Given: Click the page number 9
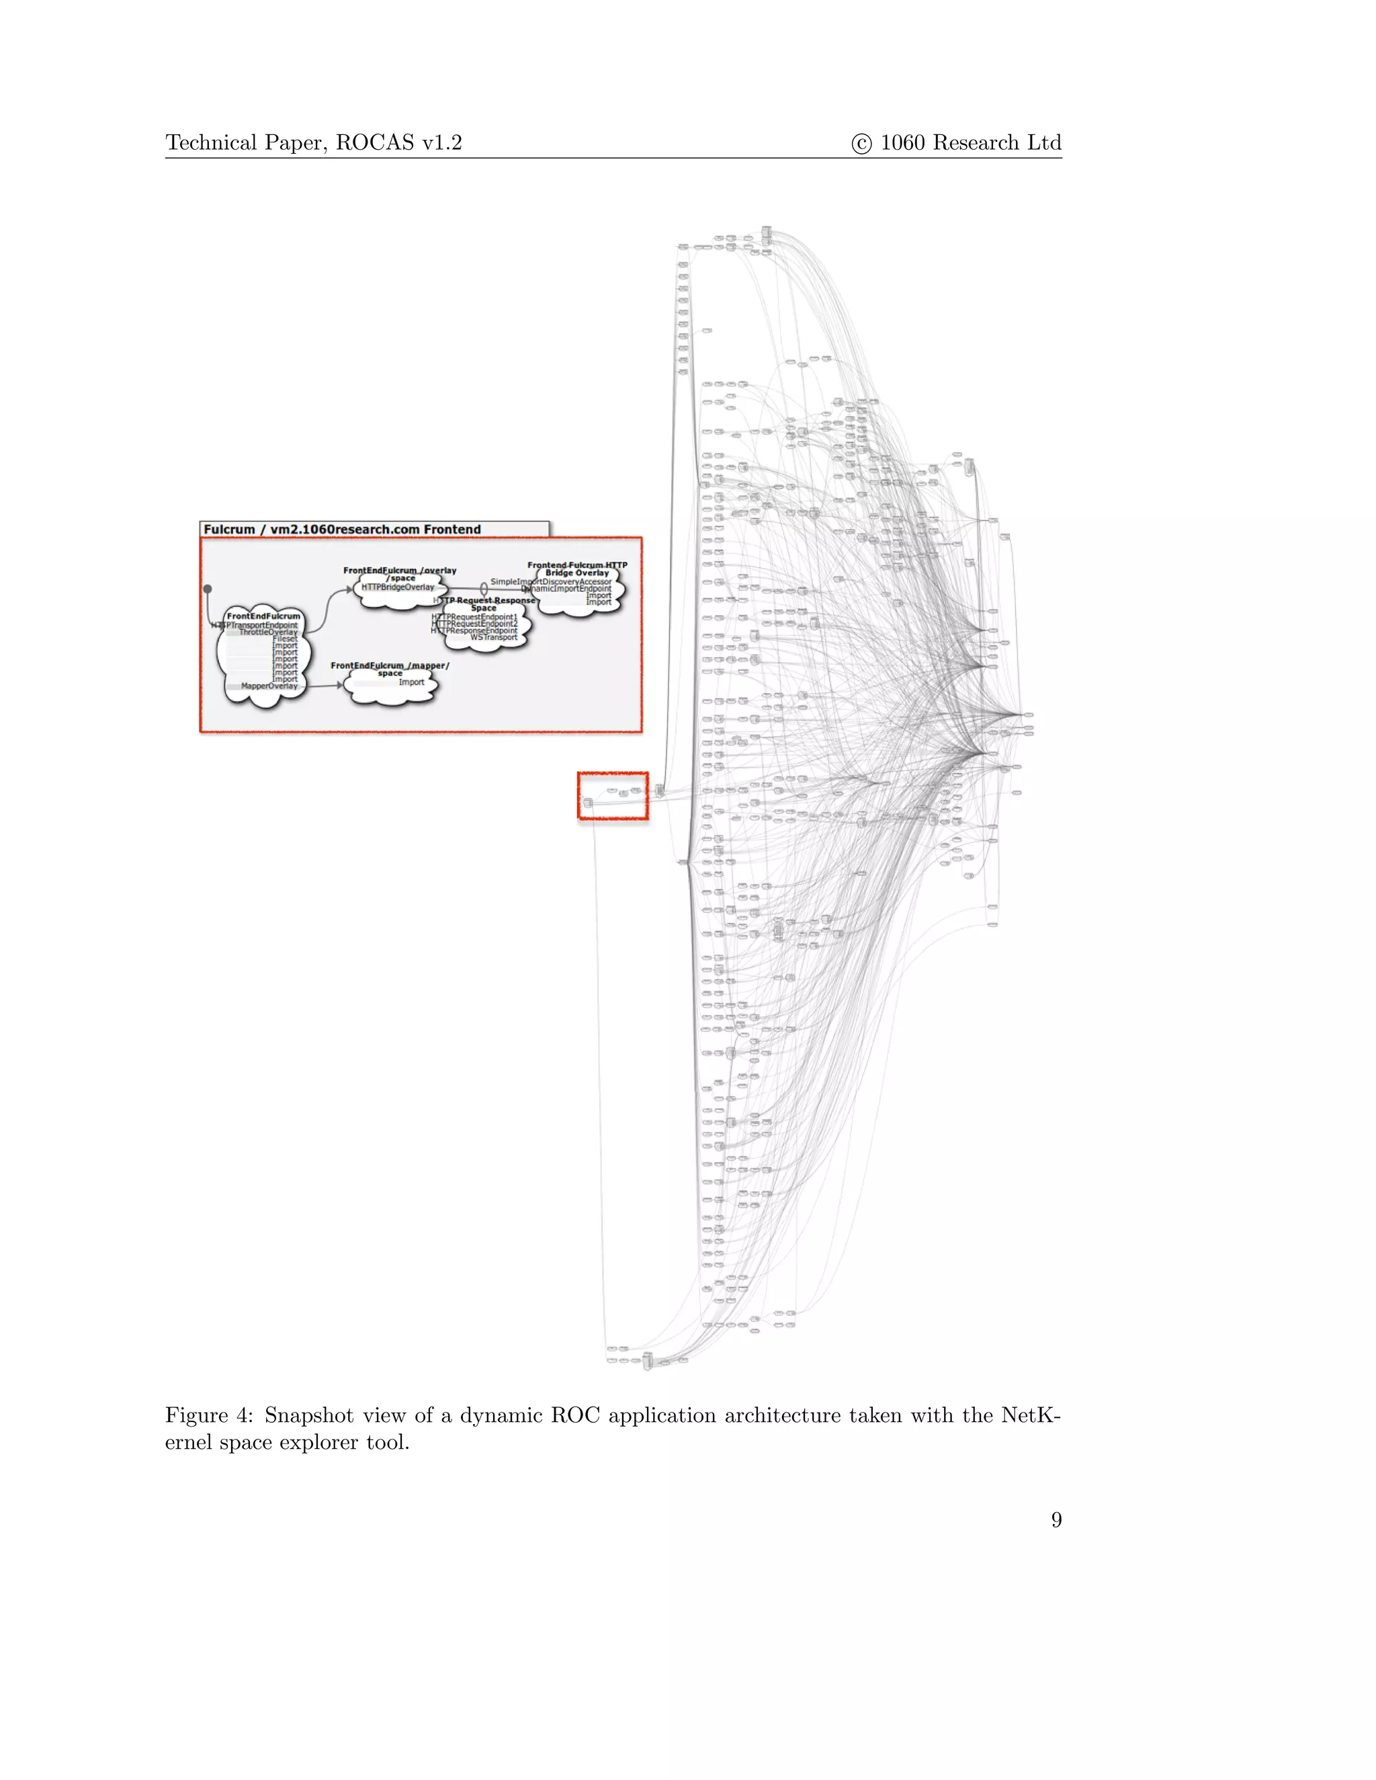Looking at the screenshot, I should pyautogui.click(x=1056, y=1519).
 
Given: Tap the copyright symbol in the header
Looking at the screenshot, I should pyautogui.click(x=861, y=144).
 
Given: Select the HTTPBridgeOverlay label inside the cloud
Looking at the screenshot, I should pyautogui.click(x=398, y=587).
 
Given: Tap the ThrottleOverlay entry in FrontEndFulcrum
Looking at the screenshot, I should pyautogui.click(x=268, y=631).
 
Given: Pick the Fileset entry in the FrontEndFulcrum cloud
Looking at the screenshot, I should pyautogui.click(x=286, y=639).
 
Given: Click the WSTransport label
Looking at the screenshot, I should pyautogui.click(x=493, y=637).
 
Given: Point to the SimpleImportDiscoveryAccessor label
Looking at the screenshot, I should pyautogui.click(x=550, y=581).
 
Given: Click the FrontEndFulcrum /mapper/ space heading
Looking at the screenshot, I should pyautogui.click(x=390, y=669).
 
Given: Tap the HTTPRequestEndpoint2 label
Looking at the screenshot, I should pyautogui.click(x=474, y=624).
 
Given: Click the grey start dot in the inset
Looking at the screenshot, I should pyautogui.click(x=208, y=588).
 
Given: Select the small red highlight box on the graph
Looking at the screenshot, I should pyautogui.click(x=613, y=796).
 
